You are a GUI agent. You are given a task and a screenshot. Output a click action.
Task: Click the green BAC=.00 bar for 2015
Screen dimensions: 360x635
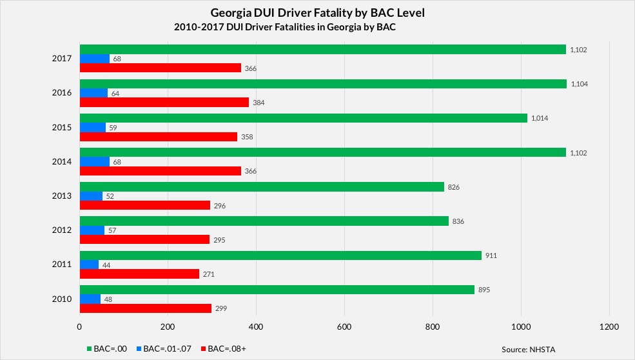[303, 118]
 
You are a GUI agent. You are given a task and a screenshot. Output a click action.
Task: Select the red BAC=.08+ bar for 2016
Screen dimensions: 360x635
[164, 102]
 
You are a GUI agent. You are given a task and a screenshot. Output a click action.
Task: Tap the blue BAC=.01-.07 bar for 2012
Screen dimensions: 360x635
[92, 230]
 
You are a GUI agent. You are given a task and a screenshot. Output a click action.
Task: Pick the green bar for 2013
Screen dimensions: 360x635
[262, 187]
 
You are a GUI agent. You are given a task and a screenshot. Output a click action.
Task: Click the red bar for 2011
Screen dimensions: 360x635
[139, 274]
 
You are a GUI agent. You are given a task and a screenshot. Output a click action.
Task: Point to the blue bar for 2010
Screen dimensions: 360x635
[90, 299]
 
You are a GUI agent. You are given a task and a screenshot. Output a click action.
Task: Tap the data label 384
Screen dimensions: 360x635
[259, 103]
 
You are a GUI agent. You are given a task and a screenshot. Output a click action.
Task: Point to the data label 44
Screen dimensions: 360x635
[107, 265]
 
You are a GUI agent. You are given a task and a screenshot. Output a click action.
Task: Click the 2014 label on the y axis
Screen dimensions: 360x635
[62, 162]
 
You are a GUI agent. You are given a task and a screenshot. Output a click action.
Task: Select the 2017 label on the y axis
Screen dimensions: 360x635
[62, 59]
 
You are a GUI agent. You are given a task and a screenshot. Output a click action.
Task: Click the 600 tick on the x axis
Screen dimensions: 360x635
[344, 326]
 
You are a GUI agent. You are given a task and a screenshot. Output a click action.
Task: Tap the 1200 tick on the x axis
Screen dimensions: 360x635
[609, 326]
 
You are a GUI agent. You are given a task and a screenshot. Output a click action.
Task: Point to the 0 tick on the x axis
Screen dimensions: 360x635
[79, 326]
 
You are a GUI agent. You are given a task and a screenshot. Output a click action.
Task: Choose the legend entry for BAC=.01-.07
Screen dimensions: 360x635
[164, 349]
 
